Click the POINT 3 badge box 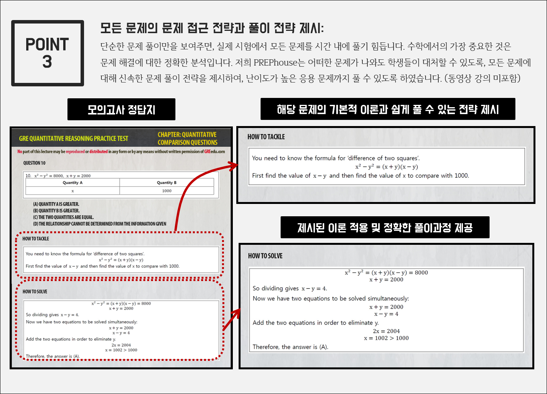[x=47, y=53]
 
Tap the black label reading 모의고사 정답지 [x=121, y=109]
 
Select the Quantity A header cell [x=72, y=182]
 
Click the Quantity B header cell [x=167, y=182]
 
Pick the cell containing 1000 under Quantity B [x=167, y=191]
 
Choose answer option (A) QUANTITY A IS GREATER [x=56, y=204]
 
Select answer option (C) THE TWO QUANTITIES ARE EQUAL [x=63, y=217]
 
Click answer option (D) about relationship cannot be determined [x=99, y=224]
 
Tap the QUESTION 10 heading [x=34, y=163]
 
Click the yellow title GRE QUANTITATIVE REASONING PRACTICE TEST [x=74, y=138]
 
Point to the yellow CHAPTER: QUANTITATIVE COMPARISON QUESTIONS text [x=187, y=138]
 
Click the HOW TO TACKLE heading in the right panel [x=266, y=137]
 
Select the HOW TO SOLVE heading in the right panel [x=265, y=256]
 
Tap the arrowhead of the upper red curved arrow [x=234, y=166]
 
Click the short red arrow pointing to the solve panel [x=232, y=320]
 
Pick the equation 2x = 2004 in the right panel [x=386, y=331]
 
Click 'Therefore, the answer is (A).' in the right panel [x=290, y=347]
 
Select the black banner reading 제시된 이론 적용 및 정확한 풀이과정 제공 [x=385, y=227]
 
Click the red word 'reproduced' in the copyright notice [x=75, y=152]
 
